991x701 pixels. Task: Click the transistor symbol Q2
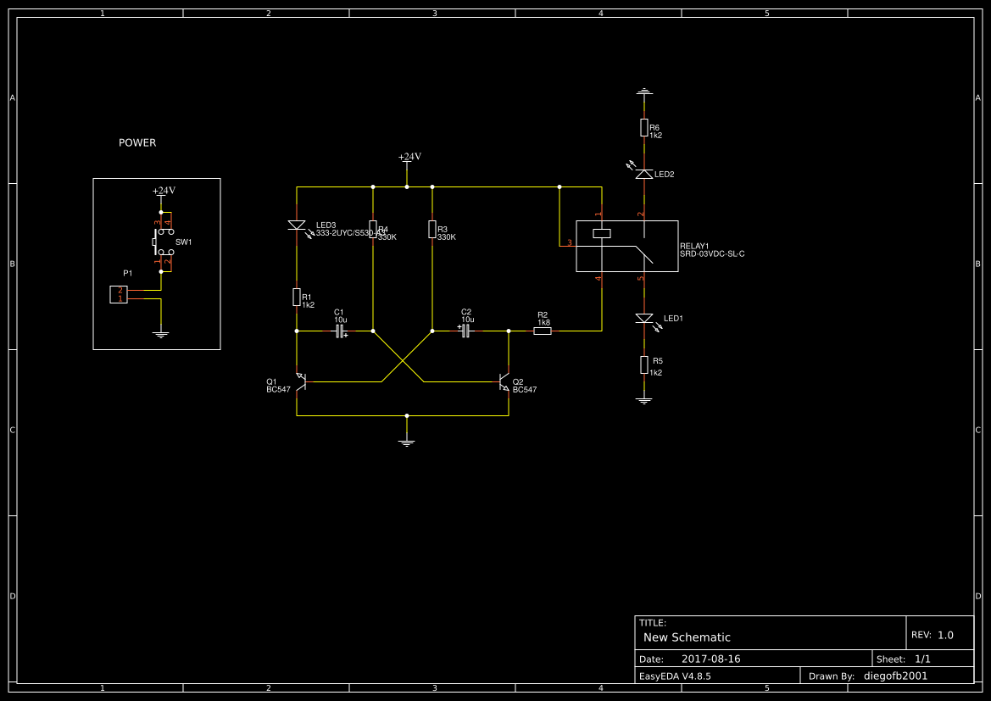[x=505, y=381]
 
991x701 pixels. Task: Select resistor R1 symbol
[x=297, y=297]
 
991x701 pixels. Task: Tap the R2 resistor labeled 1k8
[x=543, y=331]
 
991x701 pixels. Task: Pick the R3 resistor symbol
[x=432, y=229]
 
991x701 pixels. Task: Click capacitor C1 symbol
[x=340, y=331]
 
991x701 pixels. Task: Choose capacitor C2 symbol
[x=465, y=331]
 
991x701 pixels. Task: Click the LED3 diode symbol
[x=297, y=225]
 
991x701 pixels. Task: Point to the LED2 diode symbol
[x=643, y=174]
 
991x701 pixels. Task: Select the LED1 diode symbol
[x=643, y=319]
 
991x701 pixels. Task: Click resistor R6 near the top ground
[x=643, y=127]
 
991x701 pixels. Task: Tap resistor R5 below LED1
[x=643, y=364]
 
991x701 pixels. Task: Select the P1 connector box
[x=119, y=295]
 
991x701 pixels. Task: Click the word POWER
[x=137, y=143]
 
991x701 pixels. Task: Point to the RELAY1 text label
[x=694, y=246]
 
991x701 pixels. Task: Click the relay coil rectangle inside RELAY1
[x=601, y=233]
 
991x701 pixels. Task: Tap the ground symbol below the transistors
[x=407, y=442]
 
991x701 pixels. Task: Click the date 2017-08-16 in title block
[x=710, y=659]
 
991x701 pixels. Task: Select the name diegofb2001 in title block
[x=895, y=676]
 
